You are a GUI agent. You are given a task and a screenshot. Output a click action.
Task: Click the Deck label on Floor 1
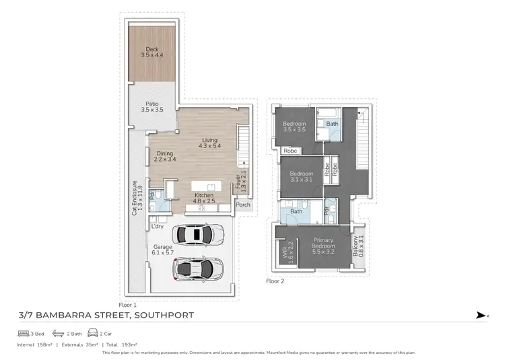152,52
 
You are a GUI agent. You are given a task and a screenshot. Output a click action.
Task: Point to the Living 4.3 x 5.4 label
209,143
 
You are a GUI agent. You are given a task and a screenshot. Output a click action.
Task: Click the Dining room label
165,156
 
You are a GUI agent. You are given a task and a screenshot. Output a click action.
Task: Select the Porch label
242,205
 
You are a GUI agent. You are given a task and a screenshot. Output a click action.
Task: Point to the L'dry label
158,226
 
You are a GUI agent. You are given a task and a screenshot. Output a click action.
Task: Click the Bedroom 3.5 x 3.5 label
294,127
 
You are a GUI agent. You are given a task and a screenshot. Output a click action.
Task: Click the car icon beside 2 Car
92,333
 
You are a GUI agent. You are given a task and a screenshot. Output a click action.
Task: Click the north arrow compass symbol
479,314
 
